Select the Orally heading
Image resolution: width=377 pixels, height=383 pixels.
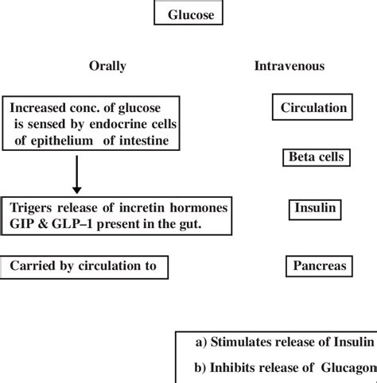pyautogui.click(x=107, y=66)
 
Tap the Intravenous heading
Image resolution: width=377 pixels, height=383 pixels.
pyautogui.click(x=289, y=66)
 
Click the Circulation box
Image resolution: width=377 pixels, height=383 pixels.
pyautogui.click(x=313, y=107)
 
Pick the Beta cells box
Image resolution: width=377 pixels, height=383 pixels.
pyautogui.click(x=315, y=157)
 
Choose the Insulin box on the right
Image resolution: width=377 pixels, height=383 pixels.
pyautogui.click(x=315, y=209)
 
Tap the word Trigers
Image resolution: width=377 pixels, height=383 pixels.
pyautogui.click(x=32, y=207)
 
